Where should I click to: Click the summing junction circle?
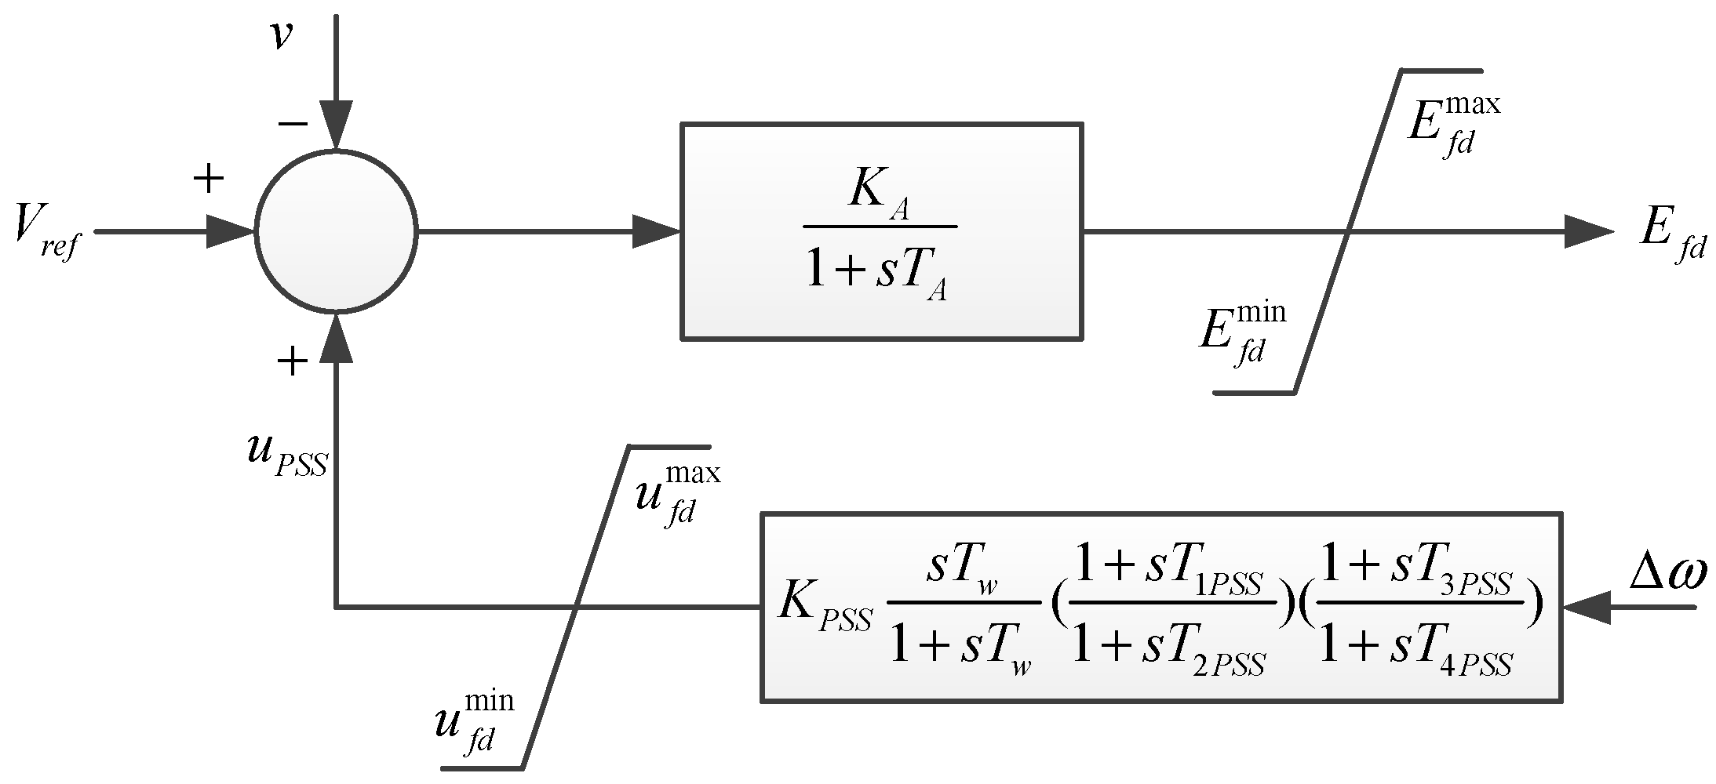(336, 231)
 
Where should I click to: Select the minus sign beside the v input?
(292, 123)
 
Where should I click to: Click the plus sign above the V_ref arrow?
(209, 180)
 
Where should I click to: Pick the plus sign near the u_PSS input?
(292, 361)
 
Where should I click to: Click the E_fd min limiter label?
(1242, 333)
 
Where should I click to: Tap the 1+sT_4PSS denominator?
(1416, 655)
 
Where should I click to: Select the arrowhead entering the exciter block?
(655, 231)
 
